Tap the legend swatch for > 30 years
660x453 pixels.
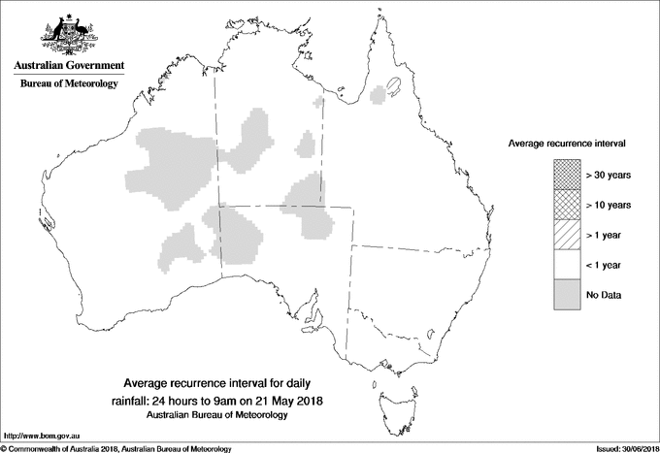pyautogui.click(x=566, y=174)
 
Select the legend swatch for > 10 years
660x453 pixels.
pyautogui.click(x=566, y=204)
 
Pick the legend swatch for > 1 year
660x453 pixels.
pyautogui.click(x=566, y=234)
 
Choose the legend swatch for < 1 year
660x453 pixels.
pyautogui.click(x=566, y=264)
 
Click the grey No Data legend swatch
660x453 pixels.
pyautogui.click(x=566, y=294)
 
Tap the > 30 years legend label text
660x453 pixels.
pyautogui.click(x=608, y=175)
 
